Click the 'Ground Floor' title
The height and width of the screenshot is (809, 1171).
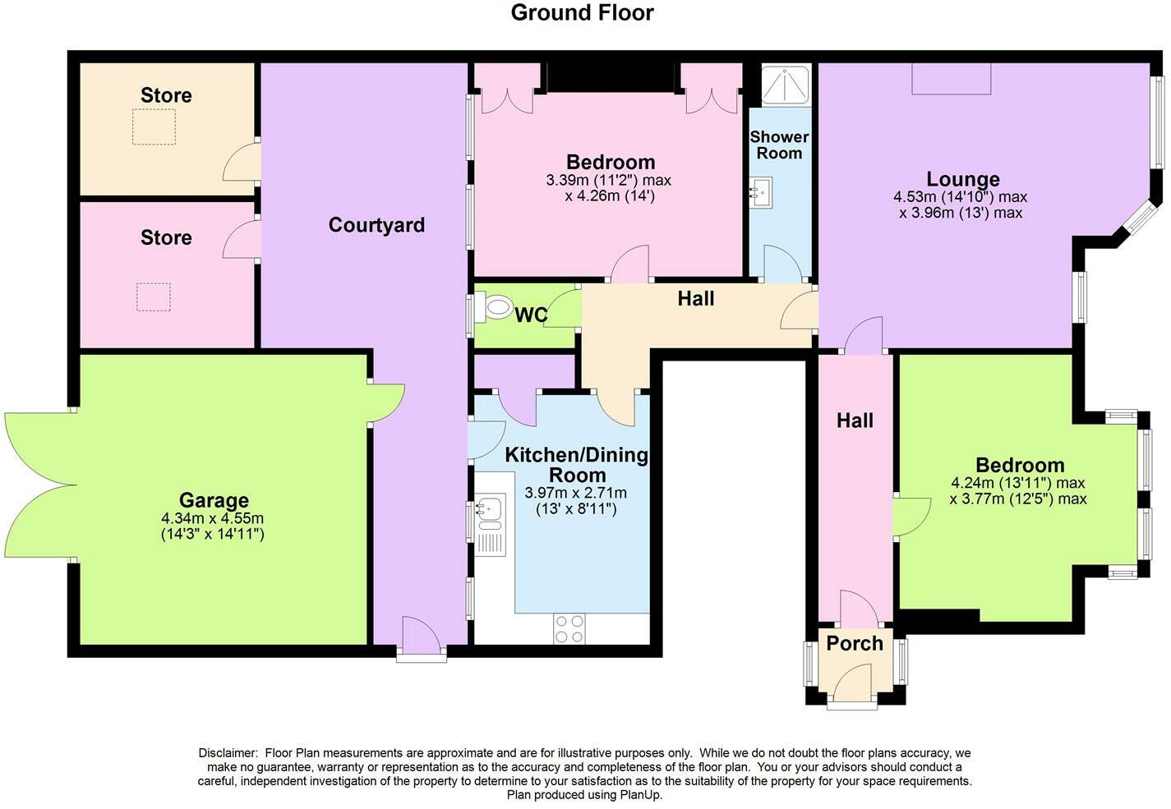point(582,13)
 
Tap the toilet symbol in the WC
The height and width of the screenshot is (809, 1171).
point(496,310)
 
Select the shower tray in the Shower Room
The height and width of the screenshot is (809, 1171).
point(786,85)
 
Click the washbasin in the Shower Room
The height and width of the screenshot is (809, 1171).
point(759,191)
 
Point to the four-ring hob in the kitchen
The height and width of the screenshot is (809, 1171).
point(569,628)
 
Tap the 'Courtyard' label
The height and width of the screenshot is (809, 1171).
point(376,225)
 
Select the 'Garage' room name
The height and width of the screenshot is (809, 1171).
point(214,500)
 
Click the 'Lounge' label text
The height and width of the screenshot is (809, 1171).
point(963,179)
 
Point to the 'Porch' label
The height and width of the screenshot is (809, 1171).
point(855,643)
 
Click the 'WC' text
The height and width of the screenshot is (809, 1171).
point(531,315)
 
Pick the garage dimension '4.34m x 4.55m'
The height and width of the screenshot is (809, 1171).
point(213,518)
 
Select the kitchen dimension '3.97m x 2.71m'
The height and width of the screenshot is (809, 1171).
point(575,493)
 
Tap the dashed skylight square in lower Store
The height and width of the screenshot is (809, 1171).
point(154,296)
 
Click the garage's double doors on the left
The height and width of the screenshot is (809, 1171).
point(37,485)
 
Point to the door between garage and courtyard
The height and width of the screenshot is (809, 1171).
point(386,403)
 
